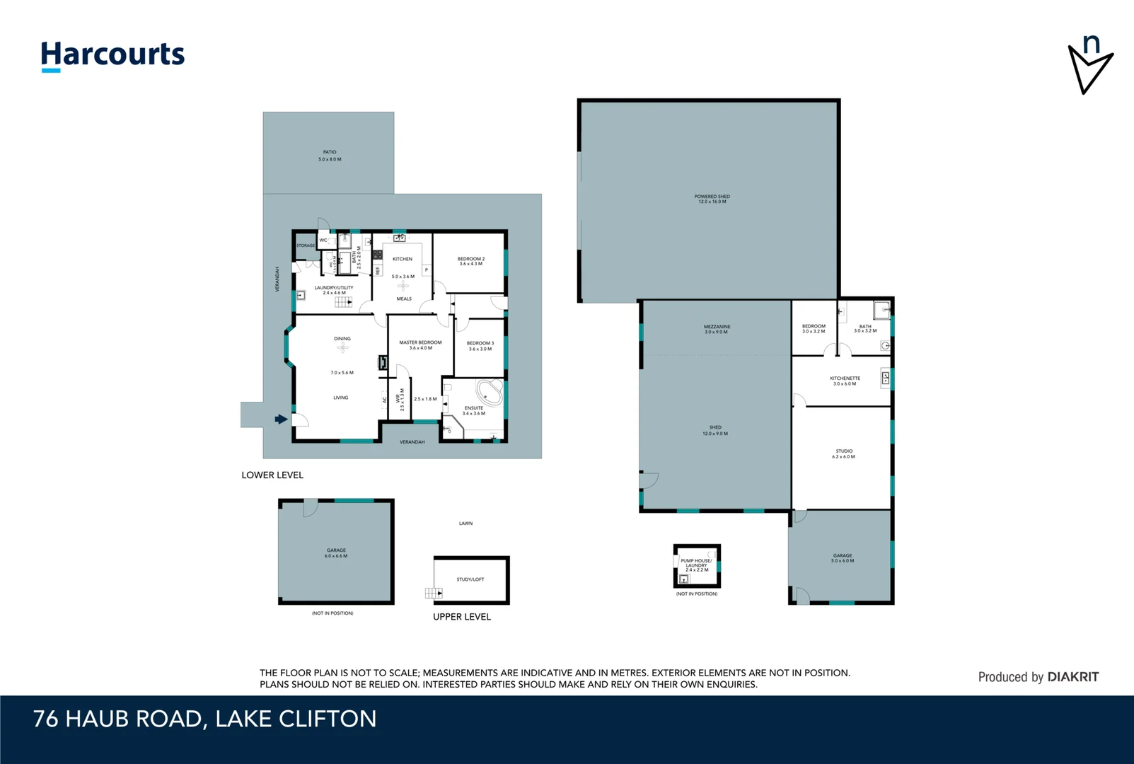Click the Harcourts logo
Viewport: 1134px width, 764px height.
point(112,55)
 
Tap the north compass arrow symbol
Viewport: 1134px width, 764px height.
point(1089,65)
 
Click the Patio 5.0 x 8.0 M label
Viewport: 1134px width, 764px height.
point(330,156)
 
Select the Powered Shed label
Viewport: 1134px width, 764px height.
point(712,199)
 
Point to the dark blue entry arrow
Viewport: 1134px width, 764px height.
point(281,419)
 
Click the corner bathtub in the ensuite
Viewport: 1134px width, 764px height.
point(490,393)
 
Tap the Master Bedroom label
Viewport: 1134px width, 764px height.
point(420,345)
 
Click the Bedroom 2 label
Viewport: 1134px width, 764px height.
point(471,261)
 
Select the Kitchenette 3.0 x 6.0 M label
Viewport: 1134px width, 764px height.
point(845,381)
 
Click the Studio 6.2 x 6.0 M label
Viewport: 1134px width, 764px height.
point(843,453)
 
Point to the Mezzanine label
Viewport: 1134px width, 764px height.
point(716,329)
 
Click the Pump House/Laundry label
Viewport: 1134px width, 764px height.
point(696,564)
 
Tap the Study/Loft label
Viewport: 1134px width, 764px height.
point(470,579)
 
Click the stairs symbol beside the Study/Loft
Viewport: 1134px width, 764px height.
point(432,593)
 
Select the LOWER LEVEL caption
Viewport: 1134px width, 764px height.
point(272,475)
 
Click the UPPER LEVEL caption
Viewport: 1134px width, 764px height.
point(462,617)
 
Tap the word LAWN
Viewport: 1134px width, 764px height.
point(465,523)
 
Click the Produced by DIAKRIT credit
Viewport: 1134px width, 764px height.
point(1038,677)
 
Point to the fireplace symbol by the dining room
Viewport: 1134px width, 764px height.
point(383,362)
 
